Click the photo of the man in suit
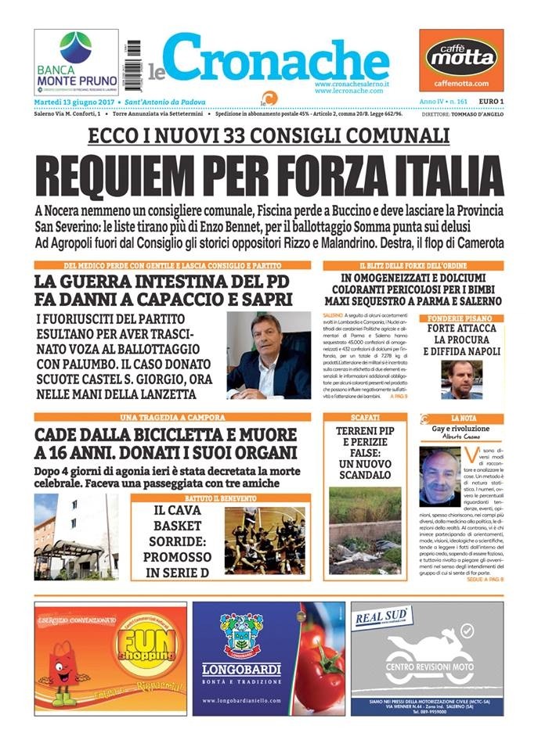tap(268, 355)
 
